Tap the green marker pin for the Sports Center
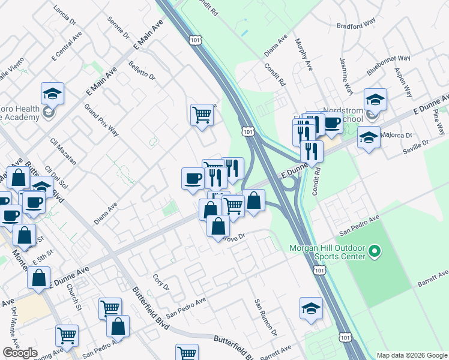375,250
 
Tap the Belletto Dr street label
142,70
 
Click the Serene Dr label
118,27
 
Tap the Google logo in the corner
20,353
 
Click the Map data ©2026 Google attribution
411,355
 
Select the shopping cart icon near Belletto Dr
202,113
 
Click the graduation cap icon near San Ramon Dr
310,308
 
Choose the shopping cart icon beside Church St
110,308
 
